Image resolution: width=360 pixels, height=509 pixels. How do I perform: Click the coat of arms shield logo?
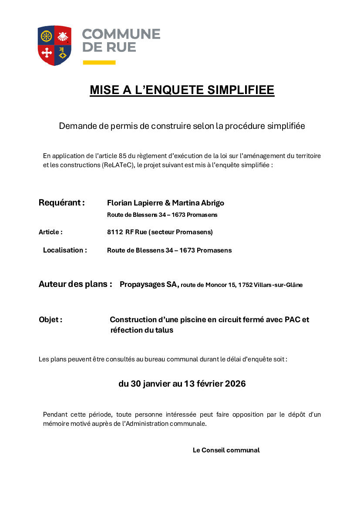[54, 45]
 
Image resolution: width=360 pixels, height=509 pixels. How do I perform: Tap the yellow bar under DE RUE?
[99, 63]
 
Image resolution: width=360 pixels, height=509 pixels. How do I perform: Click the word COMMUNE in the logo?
[121, 34]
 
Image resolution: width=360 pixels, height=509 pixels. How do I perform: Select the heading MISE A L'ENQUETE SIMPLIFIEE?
[182, 90]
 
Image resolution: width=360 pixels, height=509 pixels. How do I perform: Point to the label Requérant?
[61, 203]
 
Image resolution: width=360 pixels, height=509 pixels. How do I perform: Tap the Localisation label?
[65, 250]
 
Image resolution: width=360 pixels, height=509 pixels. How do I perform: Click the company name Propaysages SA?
[149, 285]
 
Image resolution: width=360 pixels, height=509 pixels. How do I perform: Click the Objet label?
[50, 320]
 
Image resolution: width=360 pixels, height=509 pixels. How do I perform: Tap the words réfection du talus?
[142, 330]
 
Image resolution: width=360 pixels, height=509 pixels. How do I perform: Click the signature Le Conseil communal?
[226, 450]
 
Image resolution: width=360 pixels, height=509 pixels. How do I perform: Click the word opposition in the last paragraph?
[246, 415]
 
